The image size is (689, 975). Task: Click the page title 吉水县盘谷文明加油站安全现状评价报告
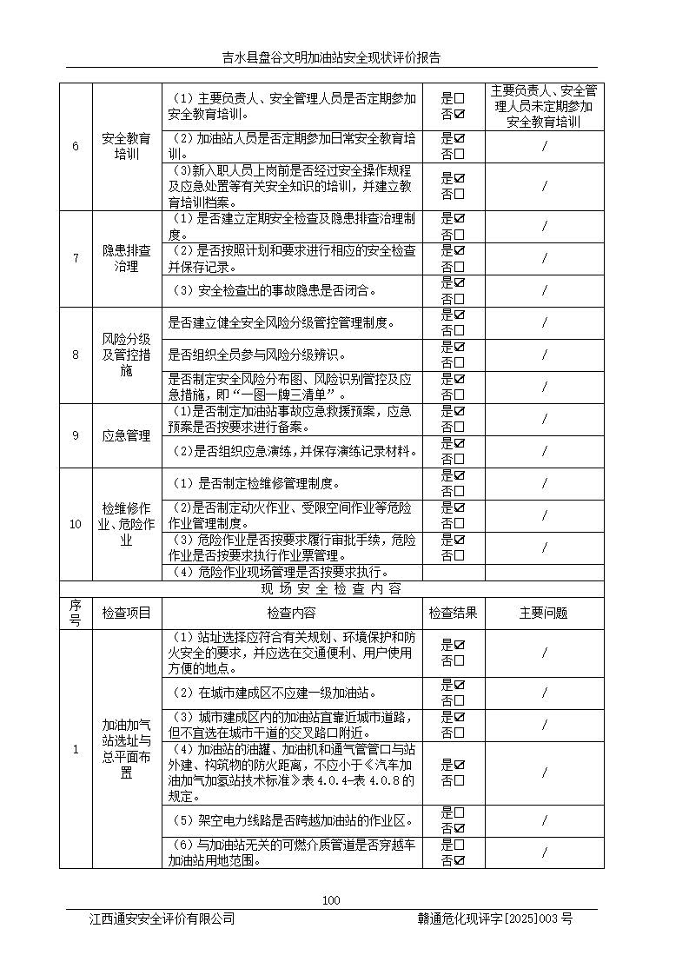tap(331, 58)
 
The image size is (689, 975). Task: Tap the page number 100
tap(331, 900)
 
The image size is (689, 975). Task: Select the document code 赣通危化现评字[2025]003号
tap(494, 919)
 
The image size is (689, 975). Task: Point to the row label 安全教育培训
tap(126, 146)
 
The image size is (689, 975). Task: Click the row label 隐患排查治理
tap(126, 258)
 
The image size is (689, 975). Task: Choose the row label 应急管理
tap(126, 435)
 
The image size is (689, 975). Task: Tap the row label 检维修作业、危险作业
tap(126, 524)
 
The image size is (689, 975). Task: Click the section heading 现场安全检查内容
tap(331, 589)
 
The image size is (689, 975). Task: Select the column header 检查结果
tap(453, 613)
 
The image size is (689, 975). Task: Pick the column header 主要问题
tap(544, 613)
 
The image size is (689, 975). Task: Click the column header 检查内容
tap(292, 613)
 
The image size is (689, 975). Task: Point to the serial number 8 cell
tap(76, 355)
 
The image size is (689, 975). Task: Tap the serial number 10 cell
tap(76, 524)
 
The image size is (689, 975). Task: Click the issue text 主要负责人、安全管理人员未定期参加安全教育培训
tap(544, 106)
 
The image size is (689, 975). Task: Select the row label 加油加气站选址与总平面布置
tap(126, 748)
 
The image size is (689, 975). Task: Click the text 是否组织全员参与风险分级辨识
tap(257, 355)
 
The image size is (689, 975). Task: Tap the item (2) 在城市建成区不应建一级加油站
tap(274, 693)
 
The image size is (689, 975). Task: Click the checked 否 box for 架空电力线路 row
tap(460, 828)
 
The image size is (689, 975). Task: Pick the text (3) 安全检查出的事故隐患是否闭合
tap(273, 290)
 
